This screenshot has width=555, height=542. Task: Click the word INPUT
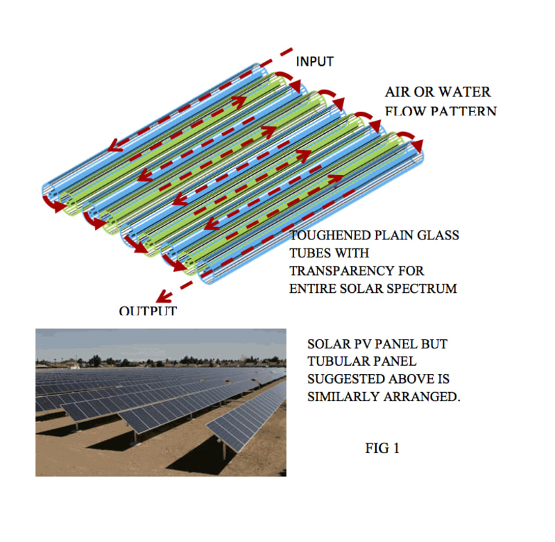[314, 62]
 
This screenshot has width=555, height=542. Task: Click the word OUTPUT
[148, 311]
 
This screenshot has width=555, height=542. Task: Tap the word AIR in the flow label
[400, 92]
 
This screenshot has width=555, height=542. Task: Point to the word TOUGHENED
[330, 236]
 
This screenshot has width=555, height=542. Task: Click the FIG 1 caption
[382, 448]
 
